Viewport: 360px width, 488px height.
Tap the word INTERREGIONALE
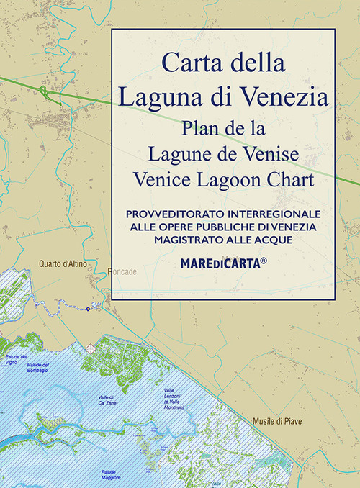click(x=273, y=214)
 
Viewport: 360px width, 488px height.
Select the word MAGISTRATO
click(x=192, y=239)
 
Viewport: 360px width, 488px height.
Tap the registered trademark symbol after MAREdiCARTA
click(x=264, y=260)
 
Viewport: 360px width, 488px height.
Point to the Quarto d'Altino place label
click(x=63, y=265)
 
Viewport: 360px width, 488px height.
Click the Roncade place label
click(x=126, y=271)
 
